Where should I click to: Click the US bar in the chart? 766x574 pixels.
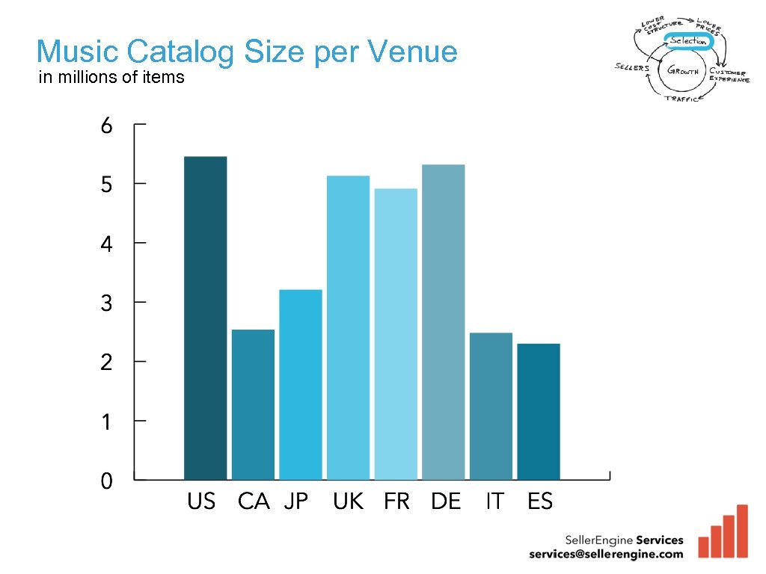[x=205, y=318]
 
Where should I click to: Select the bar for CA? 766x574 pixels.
[x=253, y=404]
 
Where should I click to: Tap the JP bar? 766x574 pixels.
[x=300, y=384]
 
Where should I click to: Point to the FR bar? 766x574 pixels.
[x=396, y=333]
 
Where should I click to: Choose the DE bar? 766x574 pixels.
[x=443, y=321]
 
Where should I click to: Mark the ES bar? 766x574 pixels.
[x=538, y=411]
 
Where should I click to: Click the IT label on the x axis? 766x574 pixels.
[x=494, y=502]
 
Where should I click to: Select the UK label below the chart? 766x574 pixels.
[x=348, y=502]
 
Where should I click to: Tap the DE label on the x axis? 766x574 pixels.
[x=446, y=502]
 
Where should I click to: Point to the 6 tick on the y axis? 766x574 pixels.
[x=107, y=126]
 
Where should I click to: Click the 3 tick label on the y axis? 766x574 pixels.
[x=107, y=303]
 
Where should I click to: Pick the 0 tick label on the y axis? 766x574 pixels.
[x=107, y=481]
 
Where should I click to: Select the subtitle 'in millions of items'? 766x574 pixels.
[x=111, y=77]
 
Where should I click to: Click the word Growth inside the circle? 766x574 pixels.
[x=684, y=71]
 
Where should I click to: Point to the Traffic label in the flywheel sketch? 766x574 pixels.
[x=682, y=99]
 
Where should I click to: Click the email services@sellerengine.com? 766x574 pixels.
[x=606, y=554]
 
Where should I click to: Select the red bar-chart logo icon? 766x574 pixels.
[x=723, y=532]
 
